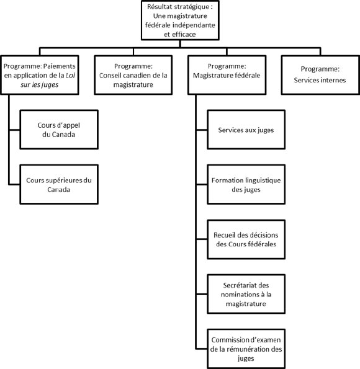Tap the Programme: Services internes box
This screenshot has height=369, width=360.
pos(320,76)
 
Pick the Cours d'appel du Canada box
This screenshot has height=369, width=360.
pos(56,130)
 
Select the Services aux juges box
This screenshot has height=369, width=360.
pos(246,130)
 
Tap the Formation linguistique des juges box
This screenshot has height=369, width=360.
pos(246,185)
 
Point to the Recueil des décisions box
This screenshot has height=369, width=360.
pos(246,239)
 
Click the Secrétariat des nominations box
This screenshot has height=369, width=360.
pos(246,294)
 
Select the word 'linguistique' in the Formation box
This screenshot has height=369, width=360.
pos(259,180)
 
